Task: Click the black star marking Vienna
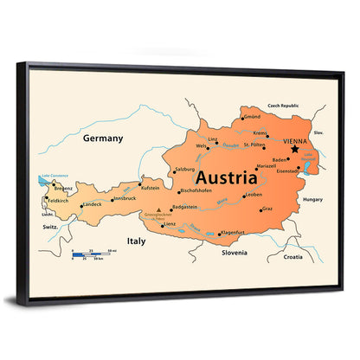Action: pos(294,150)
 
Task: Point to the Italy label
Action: pos(135,241)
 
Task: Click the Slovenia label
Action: pos(235,253)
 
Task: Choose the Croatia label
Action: pos(292,256)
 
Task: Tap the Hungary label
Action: pos(309,199)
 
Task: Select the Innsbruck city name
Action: pos(125,198)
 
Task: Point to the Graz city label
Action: pos(267,209)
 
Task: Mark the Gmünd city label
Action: pos(252,116)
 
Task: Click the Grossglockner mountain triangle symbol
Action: pos(158,209)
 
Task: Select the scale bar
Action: pos(93,254)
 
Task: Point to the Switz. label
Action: pos(50,226)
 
